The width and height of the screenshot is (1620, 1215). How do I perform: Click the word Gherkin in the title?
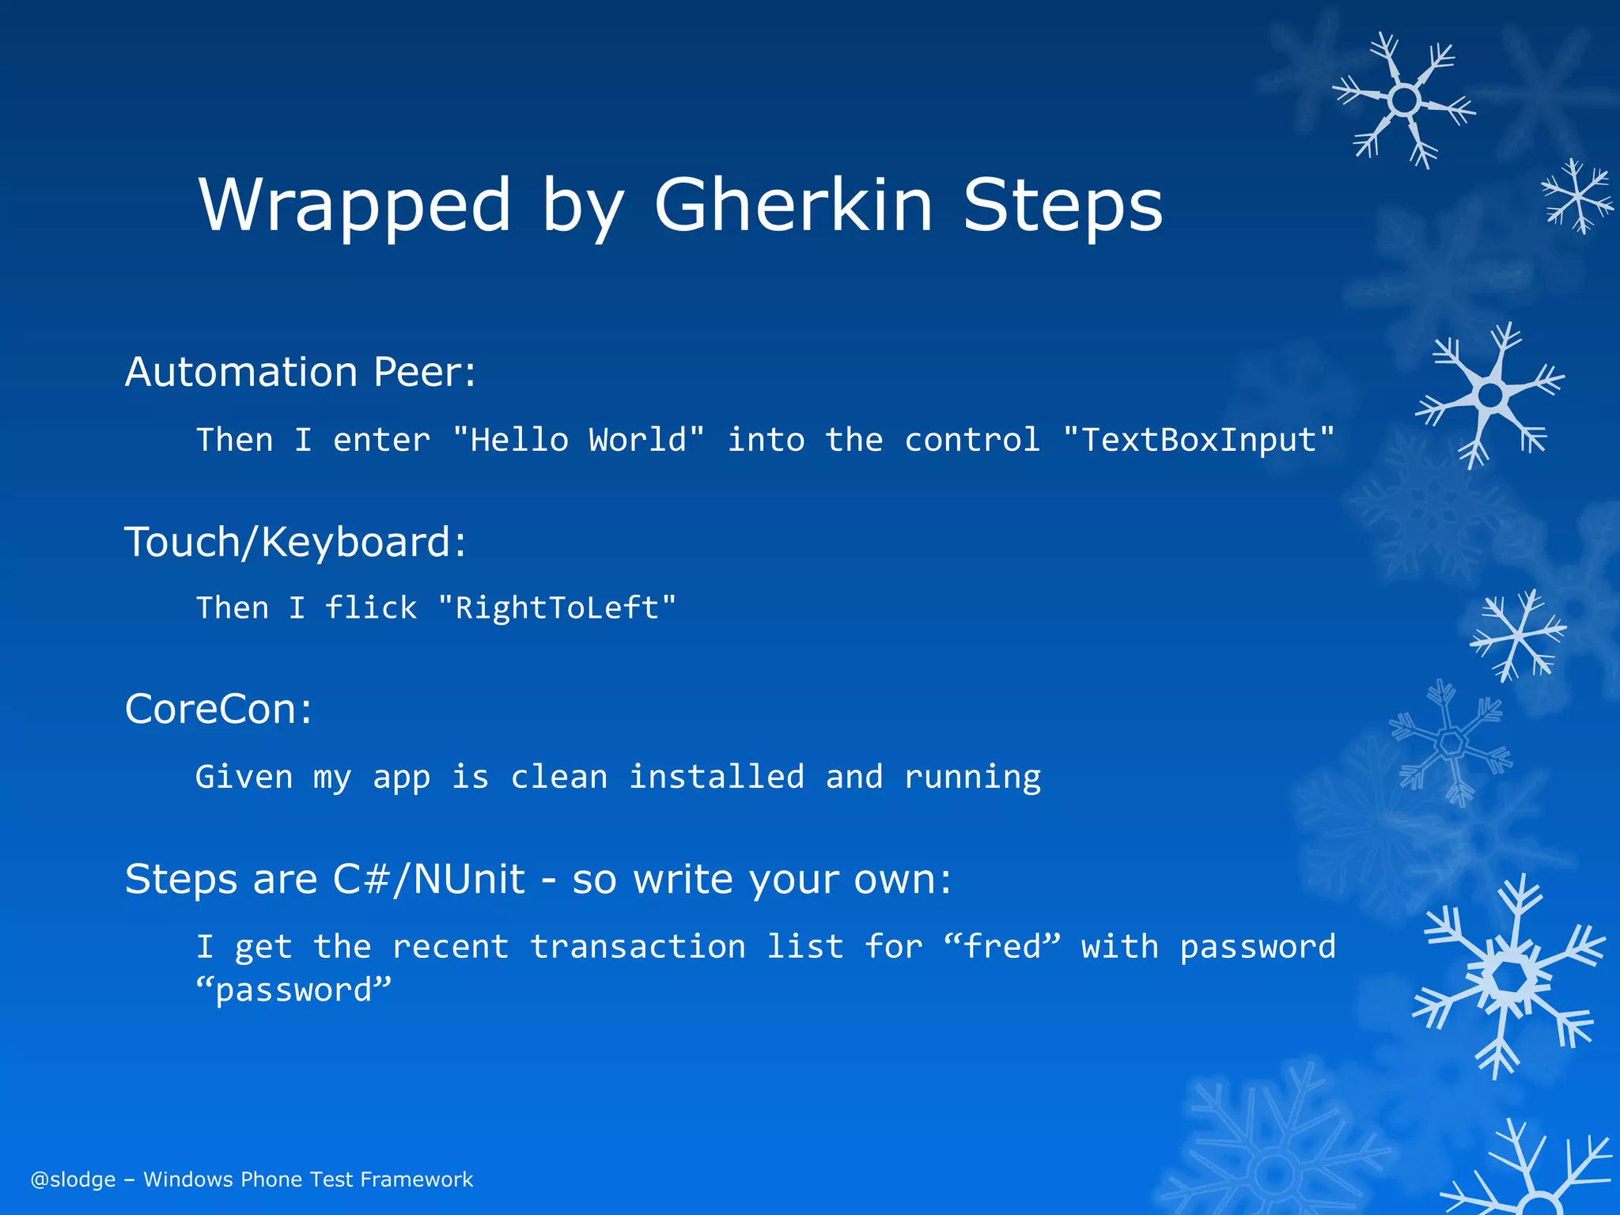point(793,205)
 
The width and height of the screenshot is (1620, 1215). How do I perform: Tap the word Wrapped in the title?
point(355,205)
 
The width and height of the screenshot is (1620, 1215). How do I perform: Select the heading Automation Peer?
point(301,371)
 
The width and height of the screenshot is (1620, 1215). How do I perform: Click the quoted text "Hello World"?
point(578,440)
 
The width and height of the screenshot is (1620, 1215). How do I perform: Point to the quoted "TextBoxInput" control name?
point(1198,440)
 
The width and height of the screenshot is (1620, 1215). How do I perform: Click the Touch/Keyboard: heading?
point(296,542)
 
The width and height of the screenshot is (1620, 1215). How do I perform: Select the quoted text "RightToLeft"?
point(557,607)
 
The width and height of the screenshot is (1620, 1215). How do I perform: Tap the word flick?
point(370,607)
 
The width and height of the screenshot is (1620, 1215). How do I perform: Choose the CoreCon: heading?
point(218,709)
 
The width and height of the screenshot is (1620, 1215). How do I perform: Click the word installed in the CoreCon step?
point(716,777)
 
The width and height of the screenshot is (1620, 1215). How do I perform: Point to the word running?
point(972,778)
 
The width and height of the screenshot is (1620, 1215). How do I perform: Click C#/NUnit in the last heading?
point(429,879)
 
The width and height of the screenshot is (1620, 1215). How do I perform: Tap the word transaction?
point(638,947)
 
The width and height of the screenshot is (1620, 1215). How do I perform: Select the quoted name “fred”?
point(1001,947)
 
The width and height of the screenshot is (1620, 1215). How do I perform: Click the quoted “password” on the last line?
point(293,990)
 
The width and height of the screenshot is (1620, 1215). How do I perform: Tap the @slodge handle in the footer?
point(73,1179)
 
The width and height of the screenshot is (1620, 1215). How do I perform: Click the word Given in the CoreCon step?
point(244,777)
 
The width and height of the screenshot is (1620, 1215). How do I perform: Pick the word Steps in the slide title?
point(1062,205)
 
